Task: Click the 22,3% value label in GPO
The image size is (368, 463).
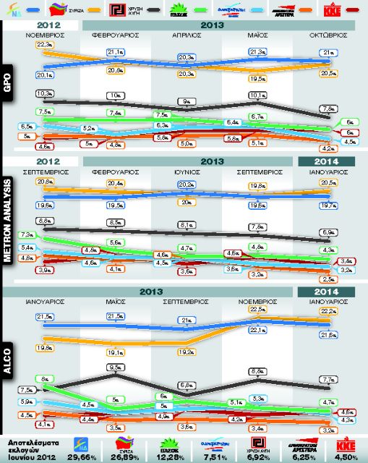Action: pyautogui.click(x=44, y=45)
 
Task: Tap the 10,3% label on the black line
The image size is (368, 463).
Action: pyautogui.click(x=44, y=93)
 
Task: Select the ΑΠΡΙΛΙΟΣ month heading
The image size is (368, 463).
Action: pyautogui.click(x=184, y=35)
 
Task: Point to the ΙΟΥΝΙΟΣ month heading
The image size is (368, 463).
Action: pyautogui.click(x=184, y=172)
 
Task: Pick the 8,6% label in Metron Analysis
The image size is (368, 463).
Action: pyautogui.click(x=44, y=220)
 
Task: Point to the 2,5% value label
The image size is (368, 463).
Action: pyautogui.click(x=327, y=279)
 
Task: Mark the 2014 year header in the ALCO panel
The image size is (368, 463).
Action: pyautogui.click(x=326, y=291)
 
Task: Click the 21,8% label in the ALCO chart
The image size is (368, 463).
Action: pyautogui.click(x=327, y=334)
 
